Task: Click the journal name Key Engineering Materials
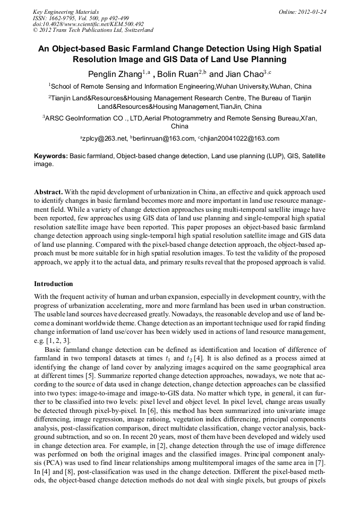coord(66,11)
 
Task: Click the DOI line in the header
coord(88,24)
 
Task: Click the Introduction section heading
coord(54,284)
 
